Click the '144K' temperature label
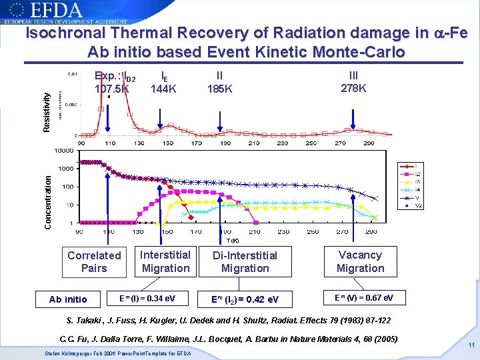(x=163, y=88)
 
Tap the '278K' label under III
(x=354, y=88)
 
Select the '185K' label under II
(x=220, y=88)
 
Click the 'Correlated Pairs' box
(x=94, y=262)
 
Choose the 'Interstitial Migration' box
(x=165, y=261)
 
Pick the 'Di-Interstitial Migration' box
(x=245, y=262)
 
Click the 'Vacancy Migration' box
(x=360, y=261)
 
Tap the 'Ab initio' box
(x=68, y=299)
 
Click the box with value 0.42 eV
(x=245, y=299)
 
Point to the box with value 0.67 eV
(x=364, y=297)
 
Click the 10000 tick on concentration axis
(x=64, y=151)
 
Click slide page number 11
(x=471, y=345)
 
